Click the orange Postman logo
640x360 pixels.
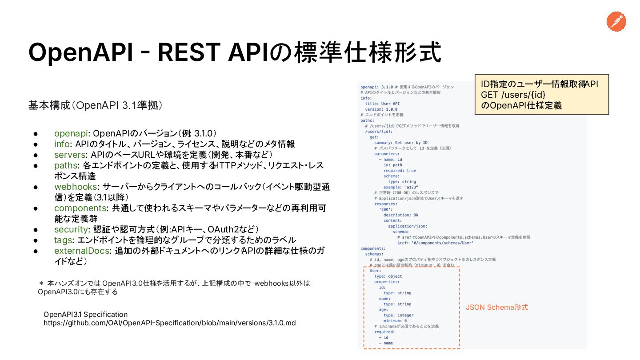pos(616,22)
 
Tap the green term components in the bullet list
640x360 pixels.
pos(80,208)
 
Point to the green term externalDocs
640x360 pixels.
pos(82,251)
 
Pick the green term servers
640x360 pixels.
pos(70,155)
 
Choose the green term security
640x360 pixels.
pos(71,229)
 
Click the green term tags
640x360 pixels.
pos(63,240)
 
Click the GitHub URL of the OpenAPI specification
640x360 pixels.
pos(169,323)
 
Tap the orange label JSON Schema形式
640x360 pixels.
pos(496,307)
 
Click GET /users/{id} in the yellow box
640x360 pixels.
pos(513,95)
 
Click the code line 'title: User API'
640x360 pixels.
pos(382,104)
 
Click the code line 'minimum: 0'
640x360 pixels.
pos(395,321)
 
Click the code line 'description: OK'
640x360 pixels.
pos(400,215)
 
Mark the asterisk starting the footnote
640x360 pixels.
pos(41,283)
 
